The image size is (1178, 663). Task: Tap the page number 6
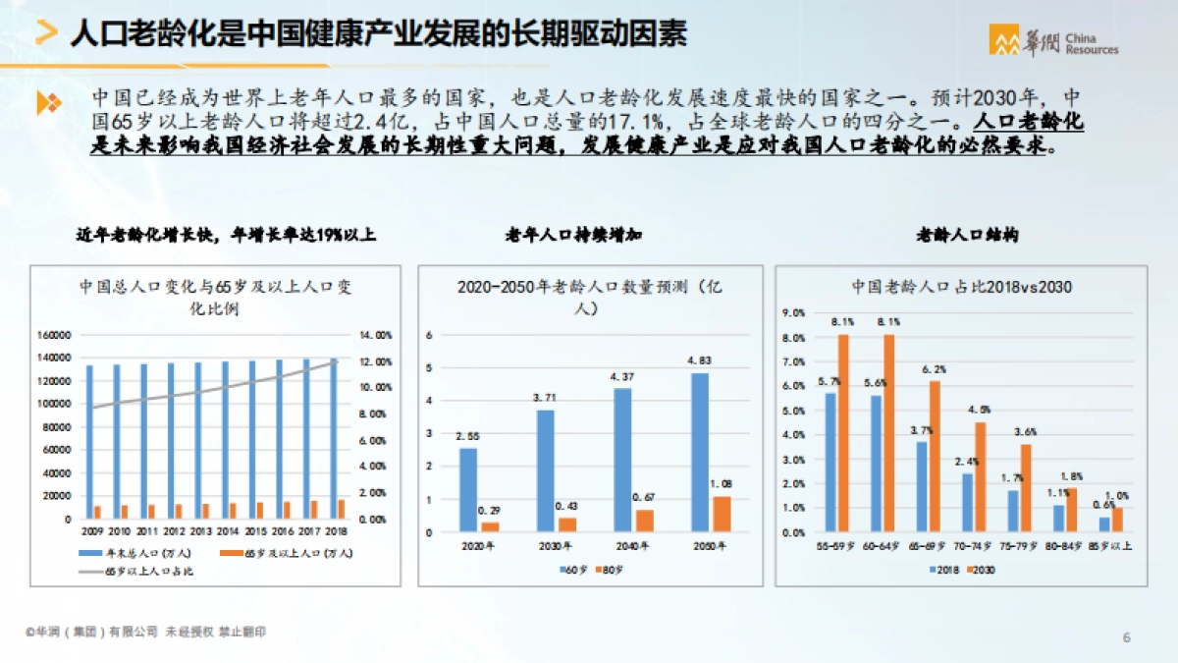pyautogui.click(x=1126, y=637)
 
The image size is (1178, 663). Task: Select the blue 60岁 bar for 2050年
pyautogui.click(x=698, y=452)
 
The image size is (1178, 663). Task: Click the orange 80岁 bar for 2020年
pyautogui.click(x=489, y=526)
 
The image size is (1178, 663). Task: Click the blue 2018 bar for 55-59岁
pyautogui.click(x=830, y=462)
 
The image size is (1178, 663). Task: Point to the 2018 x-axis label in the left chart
pyautogui.click(x=337, y=531)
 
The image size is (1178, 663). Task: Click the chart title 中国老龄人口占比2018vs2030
pyautogui.click(x=960, y=287)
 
